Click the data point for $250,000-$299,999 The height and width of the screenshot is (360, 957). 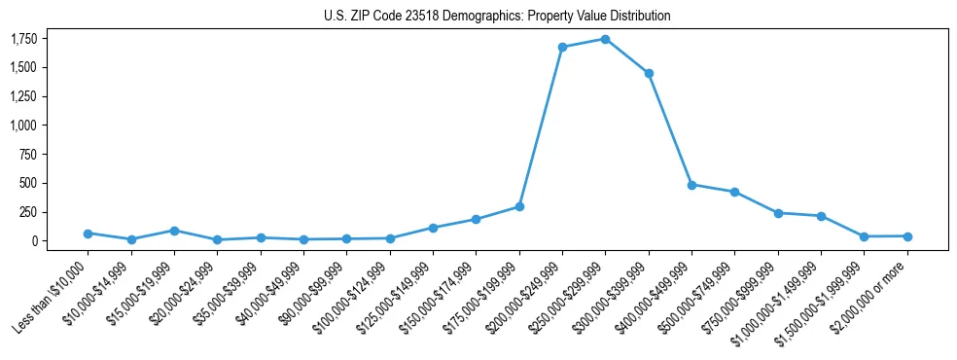coord(605,39)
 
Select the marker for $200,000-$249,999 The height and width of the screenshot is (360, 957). coord(562,47)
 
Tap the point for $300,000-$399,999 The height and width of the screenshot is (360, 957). coord(649,73)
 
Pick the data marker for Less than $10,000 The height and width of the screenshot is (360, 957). coord(88,234)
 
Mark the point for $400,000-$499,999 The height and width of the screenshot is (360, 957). coord(691,184)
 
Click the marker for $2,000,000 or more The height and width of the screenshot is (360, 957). coord(907,236)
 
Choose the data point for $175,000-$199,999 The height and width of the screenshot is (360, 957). coord(519,206)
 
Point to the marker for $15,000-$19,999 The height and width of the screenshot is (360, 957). coord(174,231)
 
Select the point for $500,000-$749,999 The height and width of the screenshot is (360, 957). coord(734,192)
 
